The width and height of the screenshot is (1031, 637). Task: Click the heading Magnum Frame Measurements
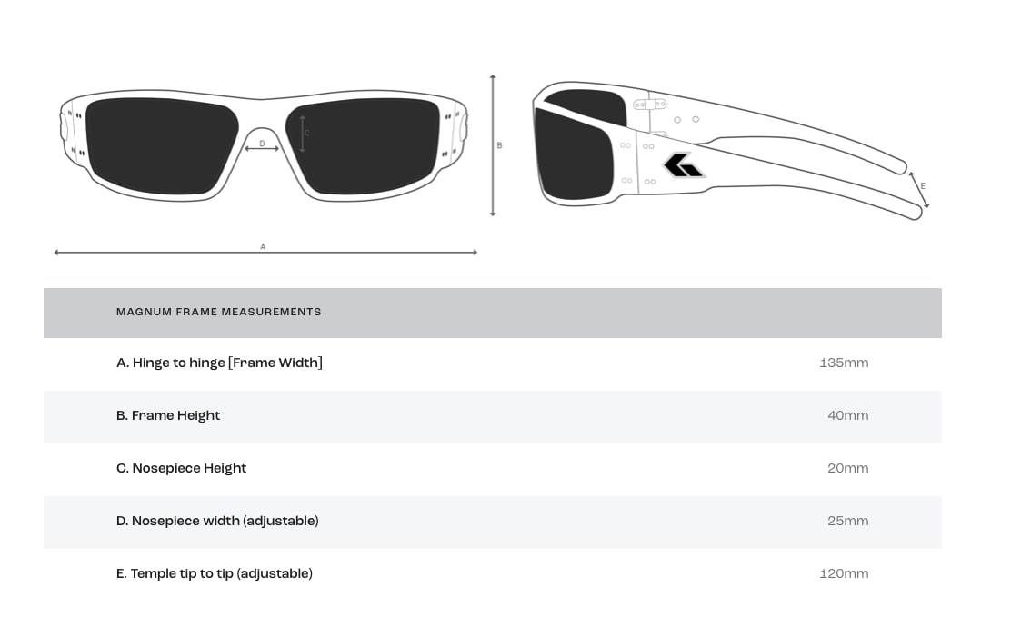[x=219, y=312]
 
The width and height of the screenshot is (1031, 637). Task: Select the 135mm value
[x=844, y=363]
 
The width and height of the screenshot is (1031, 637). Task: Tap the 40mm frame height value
[x=847, y=415]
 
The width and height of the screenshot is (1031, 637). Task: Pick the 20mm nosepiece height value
[x=847, y=468]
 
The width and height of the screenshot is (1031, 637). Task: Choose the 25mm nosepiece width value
[x=847, y=521]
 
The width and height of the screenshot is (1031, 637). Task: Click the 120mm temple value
[x=844, y=573]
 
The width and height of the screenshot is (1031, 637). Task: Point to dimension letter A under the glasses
[x=263, y=246]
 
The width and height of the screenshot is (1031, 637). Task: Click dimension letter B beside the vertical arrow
[x=500, y=145]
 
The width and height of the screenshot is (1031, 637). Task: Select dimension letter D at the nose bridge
[x=262, y=144]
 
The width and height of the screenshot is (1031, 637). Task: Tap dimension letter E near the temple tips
[x=923, y=186]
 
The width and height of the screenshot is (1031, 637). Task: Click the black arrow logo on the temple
[x=684, y=165]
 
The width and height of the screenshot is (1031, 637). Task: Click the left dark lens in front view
[x=162, y=146]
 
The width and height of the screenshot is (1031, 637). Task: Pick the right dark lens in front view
[x=363, y=146]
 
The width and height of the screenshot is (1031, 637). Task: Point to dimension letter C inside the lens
[x=307, y=134]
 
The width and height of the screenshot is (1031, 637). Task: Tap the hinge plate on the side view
[x=650, y=105]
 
